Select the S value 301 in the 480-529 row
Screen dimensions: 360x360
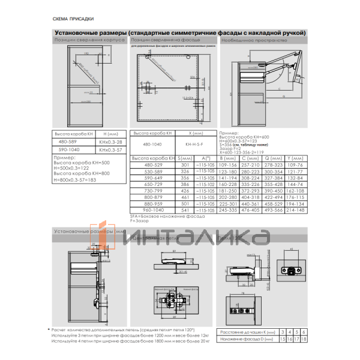[x=185, y=164]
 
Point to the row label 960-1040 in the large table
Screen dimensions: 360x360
[x=153, y=211]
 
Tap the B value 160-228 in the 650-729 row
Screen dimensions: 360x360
[x=228, y=184]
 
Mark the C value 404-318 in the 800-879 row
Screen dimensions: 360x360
[x=250, y=197]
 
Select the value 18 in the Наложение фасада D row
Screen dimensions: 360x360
[x=304, y=339]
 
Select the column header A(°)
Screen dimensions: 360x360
[x=206, y=158]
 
